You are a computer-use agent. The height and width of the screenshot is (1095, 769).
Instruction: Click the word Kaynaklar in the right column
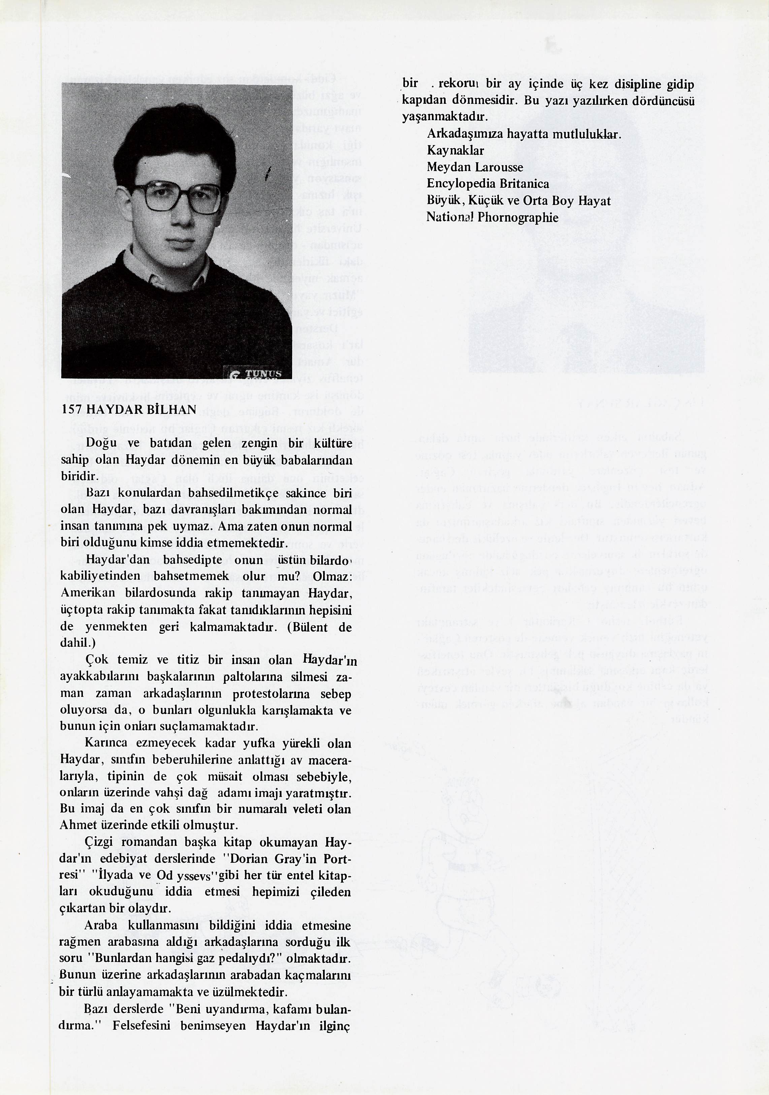[x=455, y=150]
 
